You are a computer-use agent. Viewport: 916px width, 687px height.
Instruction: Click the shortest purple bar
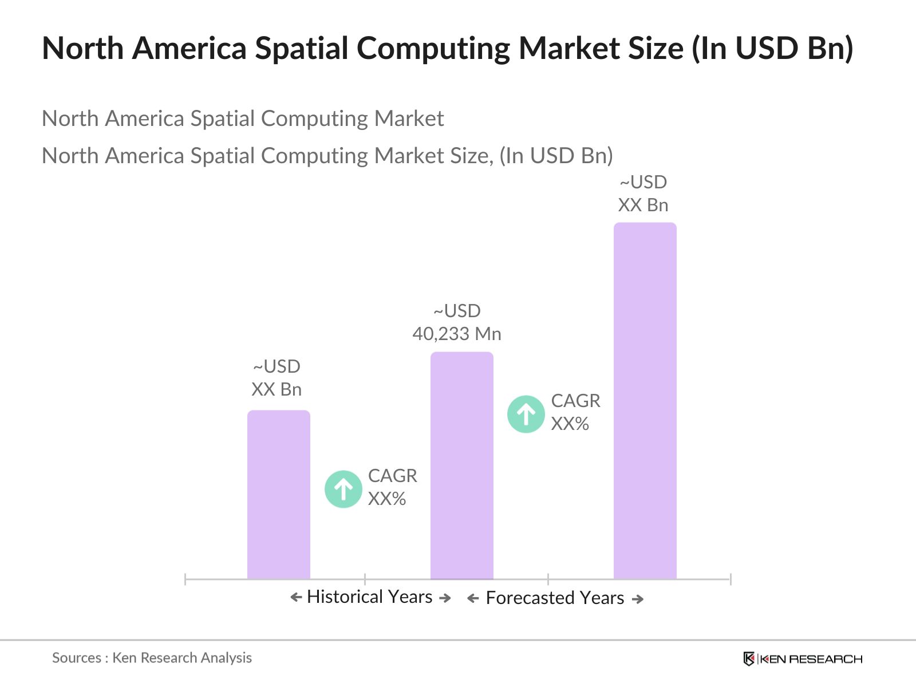click(x=278, y=495)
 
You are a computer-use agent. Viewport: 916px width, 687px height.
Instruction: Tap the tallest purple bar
click(x=645, y=401)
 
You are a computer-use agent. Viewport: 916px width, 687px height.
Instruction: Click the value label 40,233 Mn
click(x=456, y=334)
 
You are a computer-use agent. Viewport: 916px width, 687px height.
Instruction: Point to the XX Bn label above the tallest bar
click(x=643, y=205)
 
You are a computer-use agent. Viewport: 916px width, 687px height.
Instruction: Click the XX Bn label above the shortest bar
click(x=276, y=389)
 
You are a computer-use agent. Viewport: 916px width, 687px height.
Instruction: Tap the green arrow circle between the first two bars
click(x=343, y=489)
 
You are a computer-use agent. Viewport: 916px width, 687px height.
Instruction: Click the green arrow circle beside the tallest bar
click(x=526, y=413)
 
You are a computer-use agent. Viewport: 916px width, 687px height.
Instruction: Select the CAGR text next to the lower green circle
click(x=392, y=476)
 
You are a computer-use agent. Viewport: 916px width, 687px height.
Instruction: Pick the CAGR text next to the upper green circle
click(x=575, y=401)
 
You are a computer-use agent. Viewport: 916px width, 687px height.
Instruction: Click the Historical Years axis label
click(x=369, y=597)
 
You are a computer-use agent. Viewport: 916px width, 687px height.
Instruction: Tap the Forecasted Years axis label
click(x=554, y=598)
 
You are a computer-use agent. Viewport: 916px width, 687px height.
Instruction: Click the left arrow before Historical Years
click(x=296, y=598)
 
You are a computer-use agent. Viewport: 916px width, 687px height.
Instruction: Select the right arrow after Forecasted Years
click(x=638, y=599)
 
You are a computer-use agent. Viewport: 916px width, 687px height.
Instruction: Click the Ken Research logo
click(x=803, y=659)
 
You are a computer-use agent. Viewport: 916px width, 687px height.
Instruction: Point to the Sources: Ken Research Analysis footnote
click(x=152, y=658)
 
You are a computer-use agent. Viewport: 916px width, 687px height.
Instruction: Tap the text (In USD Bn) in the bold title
click(x=772, y=48)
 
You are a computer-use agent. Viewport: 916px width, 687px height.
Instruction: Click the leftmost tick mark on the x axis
click(x=185, y=579)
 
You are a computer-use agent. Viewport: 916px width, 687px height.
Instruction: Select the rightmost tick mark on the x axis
click(x=731, y=579)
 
